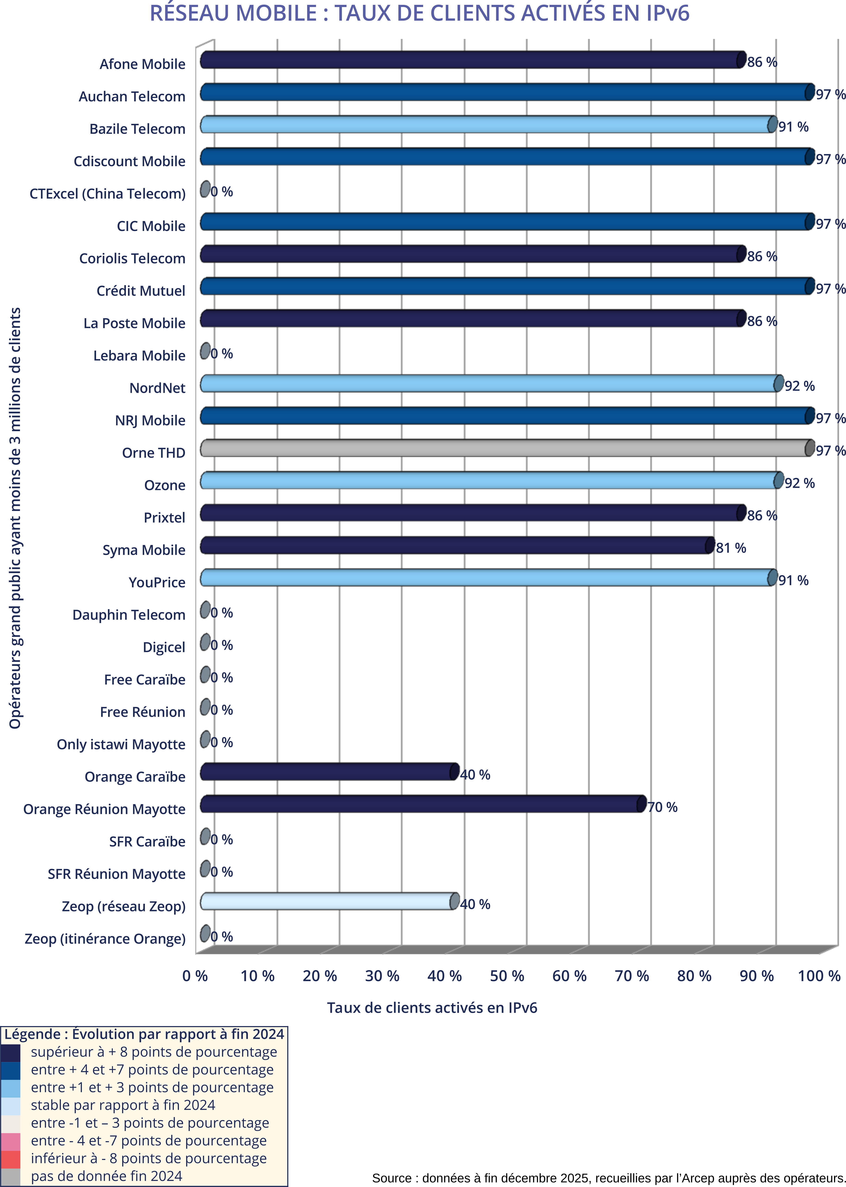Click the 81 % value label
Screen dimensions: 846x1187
coord(731,548)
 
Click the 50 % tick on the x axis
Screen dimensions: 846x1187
coord(507,976)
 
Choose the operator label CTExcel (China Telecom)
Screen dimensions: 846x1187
coord(107,194)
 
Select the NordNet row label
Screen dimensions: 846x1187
coord(157,388)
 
